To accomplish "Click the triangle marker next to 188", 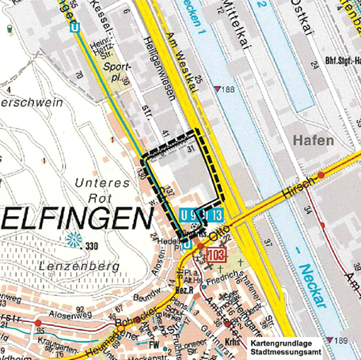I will [218, 89].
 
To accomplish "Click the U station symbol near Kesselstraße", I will [74, 26].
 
